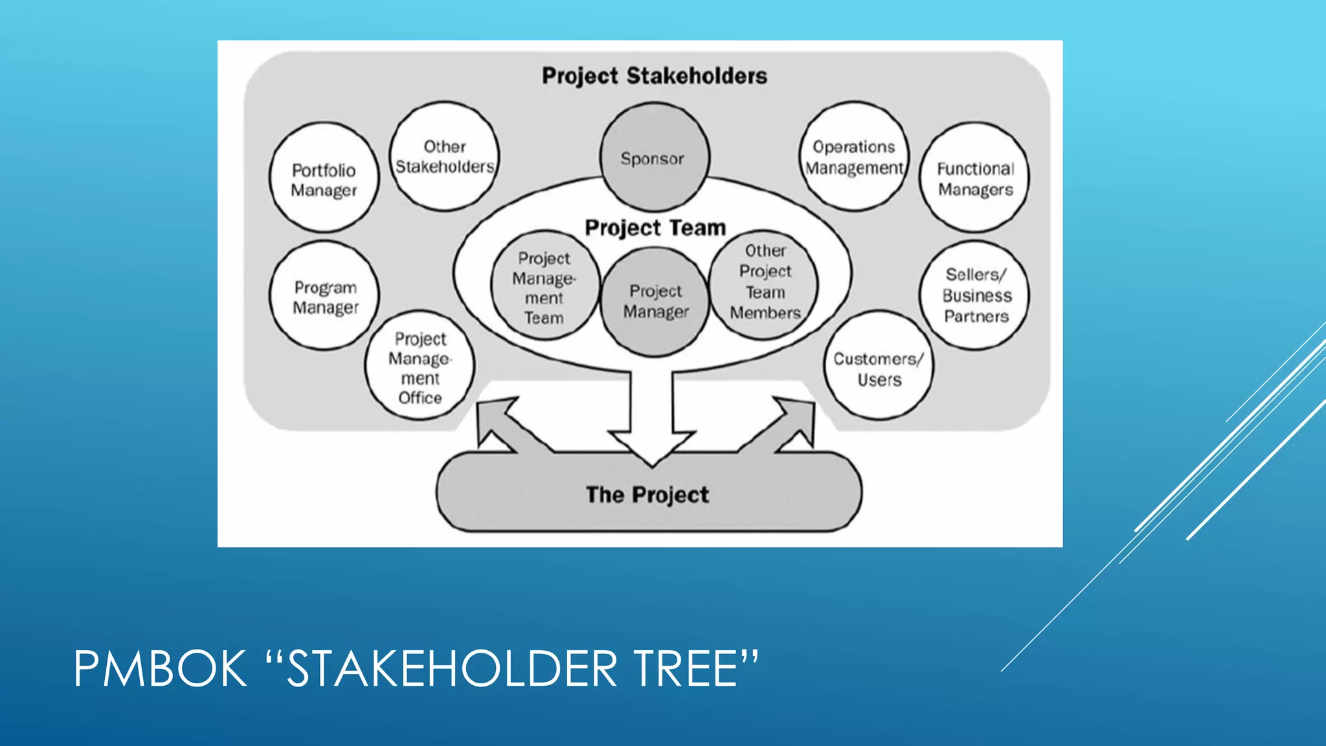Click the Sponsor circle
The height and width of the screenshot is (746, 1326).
(653, 157)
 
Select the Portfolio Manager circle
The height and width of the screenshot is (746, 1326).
(324, 178)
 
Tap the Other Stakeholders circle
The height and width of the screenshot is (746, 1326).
(445, 156)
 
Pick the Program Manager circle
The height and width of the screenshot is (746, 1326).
(324, 297)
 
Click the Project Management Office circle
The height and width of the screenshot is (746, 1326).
(420, 367)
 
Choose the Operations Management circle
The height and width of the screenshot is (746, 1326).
(854, 157)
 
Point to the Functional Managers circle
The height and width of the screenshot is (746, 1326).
(974, 178)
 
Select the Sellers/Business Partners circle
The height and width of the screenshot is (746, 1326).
(975, 295)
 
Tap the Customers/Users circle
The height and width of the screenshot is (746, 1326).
(879, 367)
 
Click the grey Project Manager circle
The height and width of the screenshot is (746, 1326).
(655, 302)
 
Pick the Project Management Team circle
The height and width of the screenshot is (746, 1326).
(544, 287)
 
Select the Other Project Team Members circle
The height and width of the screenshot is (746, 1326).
(765, 282)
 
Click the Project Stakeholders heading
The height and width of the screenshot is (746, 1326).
(654, 76)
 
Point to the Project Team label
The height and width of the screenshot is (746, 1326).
(655, 228)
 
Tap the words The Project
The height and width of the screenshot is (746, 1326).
(647, 495)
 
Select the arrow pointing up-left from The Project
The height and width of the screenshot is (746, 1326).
(499, 422)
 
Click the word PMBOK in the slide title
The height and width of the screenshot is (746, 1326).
(161, 669)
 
